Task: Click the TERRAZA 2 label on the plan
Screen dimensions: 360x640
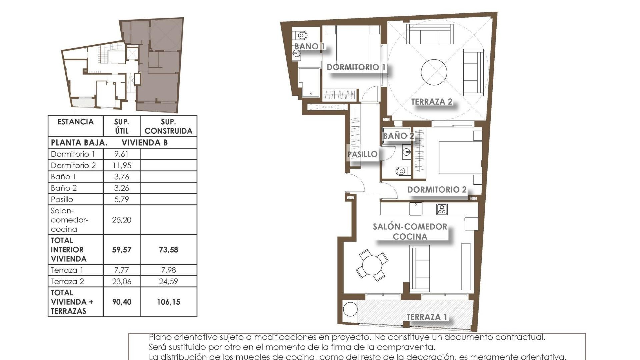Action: tap(432, 102)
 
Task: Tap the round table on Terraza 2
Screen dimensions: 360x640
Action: tap(434, 72)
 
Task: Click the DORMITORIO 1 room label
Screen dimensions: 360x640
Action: tap(356, 67)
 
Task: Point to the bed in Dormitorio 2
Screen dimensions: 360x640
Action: tap(460, 157)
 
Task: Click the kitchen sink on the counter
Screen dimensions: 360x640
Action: tap(416, 209)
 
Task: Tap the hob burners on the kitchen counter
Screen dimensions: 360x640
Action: tap(442, 209)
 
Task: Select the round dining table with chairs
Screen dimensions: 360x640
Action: tap(372, 265)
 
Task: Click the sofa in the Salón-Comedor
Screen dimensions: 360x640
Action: tap(419, 268)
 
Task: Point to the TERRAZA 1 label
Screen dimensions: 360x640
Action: tap(427, 317)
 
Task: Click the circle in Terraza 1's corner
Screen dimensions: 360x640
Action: tap(350, 309)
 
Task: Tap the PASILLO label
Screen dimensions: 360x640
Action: tap(362, 154)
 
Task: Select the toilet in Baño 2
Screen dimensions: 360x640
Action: tap(401, 171)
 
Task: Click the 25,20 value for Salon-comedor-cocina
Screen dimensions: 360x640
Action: tap(122, 220)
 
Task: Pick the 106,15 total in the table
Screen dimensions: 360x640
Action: tap(168, 302)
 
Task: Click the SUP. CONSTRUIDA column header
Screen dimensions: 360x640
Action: tap(168, 126)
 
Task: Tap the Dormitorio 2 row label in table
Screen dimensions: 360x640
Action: tap(73, 165)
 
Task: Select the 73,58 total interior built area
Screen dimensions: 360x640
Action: tap(168, 250)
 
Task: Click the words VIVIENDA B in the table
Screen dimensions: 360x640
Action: tap(144, 143)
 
